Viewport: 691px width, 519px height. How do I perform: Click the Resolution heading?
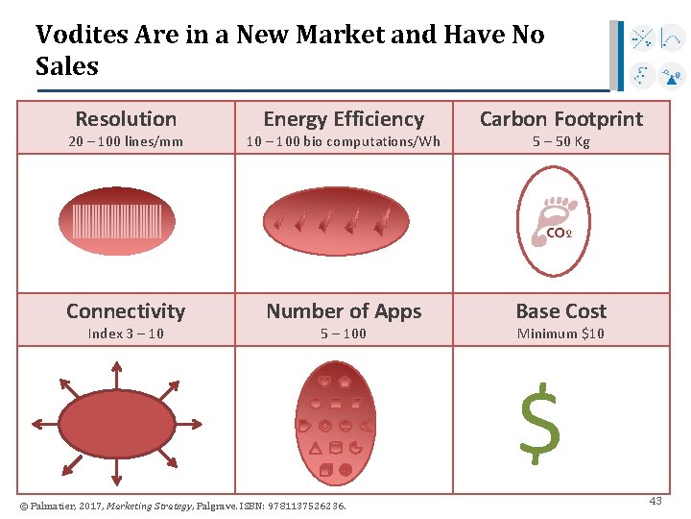pyautogui.click(x=126, y=119)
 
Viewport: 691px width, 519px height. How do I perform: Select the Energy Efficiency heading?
pyautogui.click(x=344, y=119)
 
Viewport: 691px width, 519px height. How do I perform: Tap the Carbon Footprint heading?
pyautogui.click(x=561, y=119)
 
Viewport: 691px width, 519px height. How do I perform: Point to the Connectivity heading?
pyautogui.click(x=126, y=311)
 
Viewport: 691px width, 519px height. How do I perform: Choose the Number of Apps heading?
pyautogui.click(x=344, y=311)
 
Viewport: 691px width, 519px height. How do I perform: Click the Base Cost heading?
pyautogui.click(x=561, y=311)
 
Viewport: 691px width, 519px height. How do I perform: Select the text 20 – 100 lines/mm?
pyautogui.click(x=126, y=142)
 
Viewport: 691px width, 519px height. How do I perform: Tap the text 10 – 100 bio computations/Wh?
pyautogui.click(x=344, y=142)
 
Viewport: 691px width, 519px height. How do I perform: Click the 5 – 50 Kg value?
pyautogui.click(x=561, y=142)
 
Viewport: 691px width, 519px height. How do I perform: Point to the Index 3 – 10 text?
pyautogui.click(x=126, y=334)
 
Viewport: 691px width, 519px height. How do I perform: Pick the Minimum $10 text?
pyautogui.click(x=561, y=334)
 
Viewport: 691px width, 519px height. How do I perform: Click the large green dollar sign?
pyautogui.click(x=539, y=420)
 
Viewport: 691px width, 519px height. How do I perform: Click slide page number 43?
pyautogui.click(x=655, y=501)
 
